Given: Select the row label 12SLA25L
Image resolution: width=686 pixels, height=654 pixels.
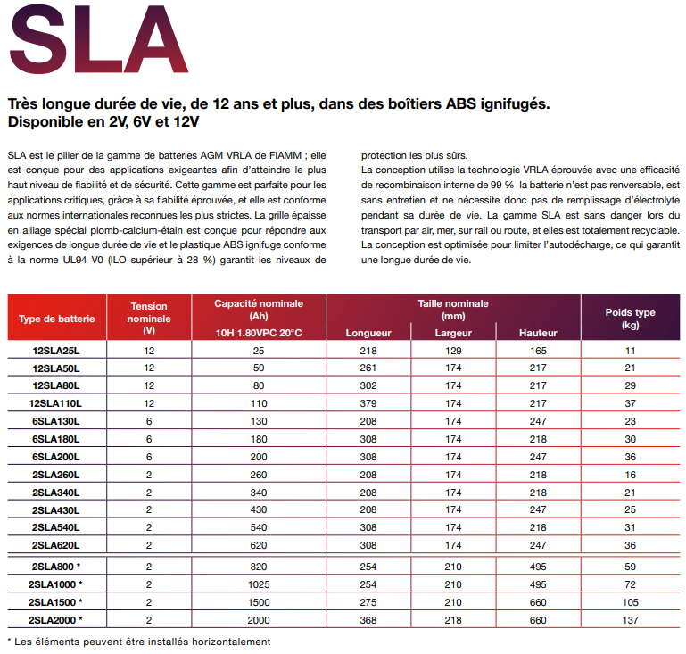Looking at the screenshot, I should click(56, 351).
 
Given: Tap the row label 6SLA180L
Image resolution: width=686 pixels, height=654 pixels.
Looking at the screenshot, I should click(56, 438).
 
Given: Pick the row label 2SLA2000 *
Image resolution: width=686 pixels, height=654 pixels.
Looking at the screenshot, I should click(56, 619).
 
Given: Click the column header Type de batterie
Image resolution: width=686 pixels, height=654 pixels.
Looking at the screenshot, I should click(55, 319).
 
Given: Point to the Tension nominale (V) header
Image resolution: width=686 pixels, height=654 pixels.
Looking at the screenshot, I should click(149, 318).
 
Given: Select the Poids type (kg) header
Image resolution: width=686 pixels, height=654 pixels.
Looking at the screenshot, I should click(630, 319).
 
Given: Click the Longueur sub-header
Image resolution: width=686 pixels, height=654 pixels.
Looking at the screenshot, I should click(368, 333).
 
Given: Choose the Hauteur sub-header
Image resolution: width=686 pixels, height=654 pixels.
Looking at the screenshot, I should click(538, 333).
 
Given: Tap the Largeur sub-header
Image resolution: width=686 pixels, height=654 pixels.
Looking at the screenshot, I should click(453, 333).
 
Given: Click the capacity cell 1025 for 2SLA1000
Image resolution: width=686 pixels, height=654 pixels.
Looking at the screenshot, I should click(259, 584).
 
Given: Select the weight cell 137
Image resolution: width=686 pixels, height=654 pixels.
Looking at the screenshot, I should click(630, 619).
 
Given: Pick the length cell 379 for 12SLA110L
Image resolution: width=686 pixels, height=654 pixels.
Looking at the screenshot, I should click(368, 403).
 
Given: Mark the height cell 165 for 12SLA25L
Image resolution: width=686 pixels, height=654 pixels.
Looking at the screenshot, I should click(538, 351).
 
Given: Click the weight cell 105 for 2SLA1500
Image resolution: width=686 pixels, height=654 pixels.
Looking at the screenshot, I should click(630, 601).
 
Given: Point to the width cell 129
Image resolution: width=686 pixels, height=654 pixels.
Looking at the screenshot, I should click(453, 351).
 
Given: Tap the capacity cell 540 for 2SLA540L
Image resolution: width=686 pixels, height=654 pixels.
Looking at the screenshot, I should click(259, 526).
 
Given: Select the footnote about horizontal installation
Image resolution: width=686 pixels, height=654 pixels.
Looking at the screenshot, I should click(138, 641).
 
